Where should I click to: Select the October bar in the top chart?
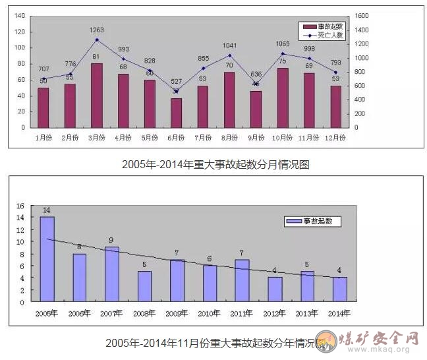click(x=283, y=98)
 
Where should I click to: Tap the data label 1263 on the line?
click(x=97, y=30)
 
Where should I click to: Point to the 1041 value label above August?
click(x=230, y=45)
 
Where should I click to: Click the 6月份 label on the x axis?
click(x=177, y=138)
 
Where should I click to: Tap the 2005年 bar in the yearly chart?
click(x=47, y=259)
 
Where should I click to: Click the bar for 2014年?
click(x=339, y=289)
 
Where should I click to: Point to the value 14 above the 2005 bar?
click(x=47, y=210)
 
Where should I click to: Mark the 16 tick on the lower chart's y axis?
click(x=20, y=206)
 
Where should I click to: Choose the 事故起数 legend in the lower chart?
click(x=314, y=222)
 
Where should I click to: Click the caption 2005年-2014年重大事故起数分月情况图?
click(x=215, y=165)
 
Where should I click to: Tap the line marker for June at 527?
click(x=177, y=91)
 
